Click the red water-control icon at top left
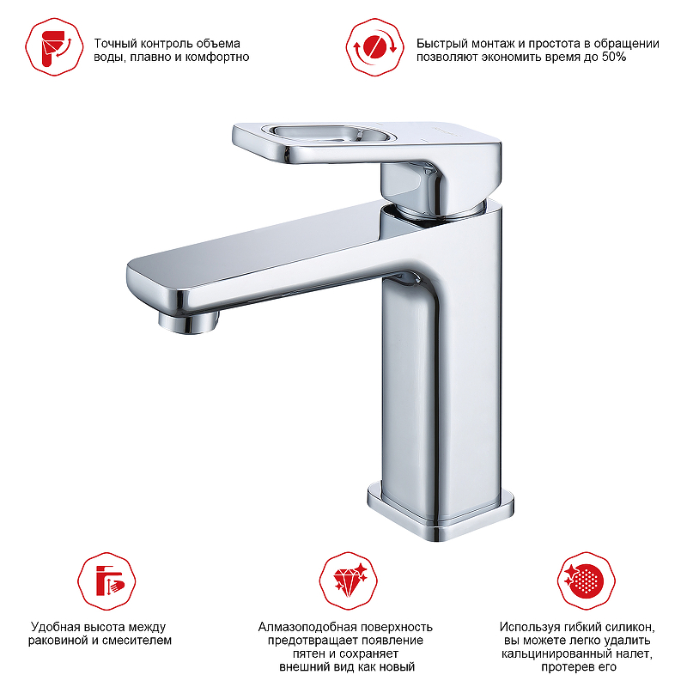pyautogui.click(x=54, y=47)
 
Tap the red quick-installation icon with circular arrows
pyautogui.click(x=374, y=47)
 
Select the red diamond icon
pyautogui.click(x=349, y=581)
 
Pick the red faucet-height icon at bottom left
pyautogui.click(x=106, y=581)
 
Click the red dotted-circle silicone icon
pyautogui.click(x=587, y=581)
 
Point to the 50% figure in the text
pyautogui.click(x=614, y=57)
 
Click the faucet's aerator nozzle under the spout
pyautogui.click(x=188, y=323)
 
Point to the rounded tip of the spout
pyautogui.click(x=131, y=281)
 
